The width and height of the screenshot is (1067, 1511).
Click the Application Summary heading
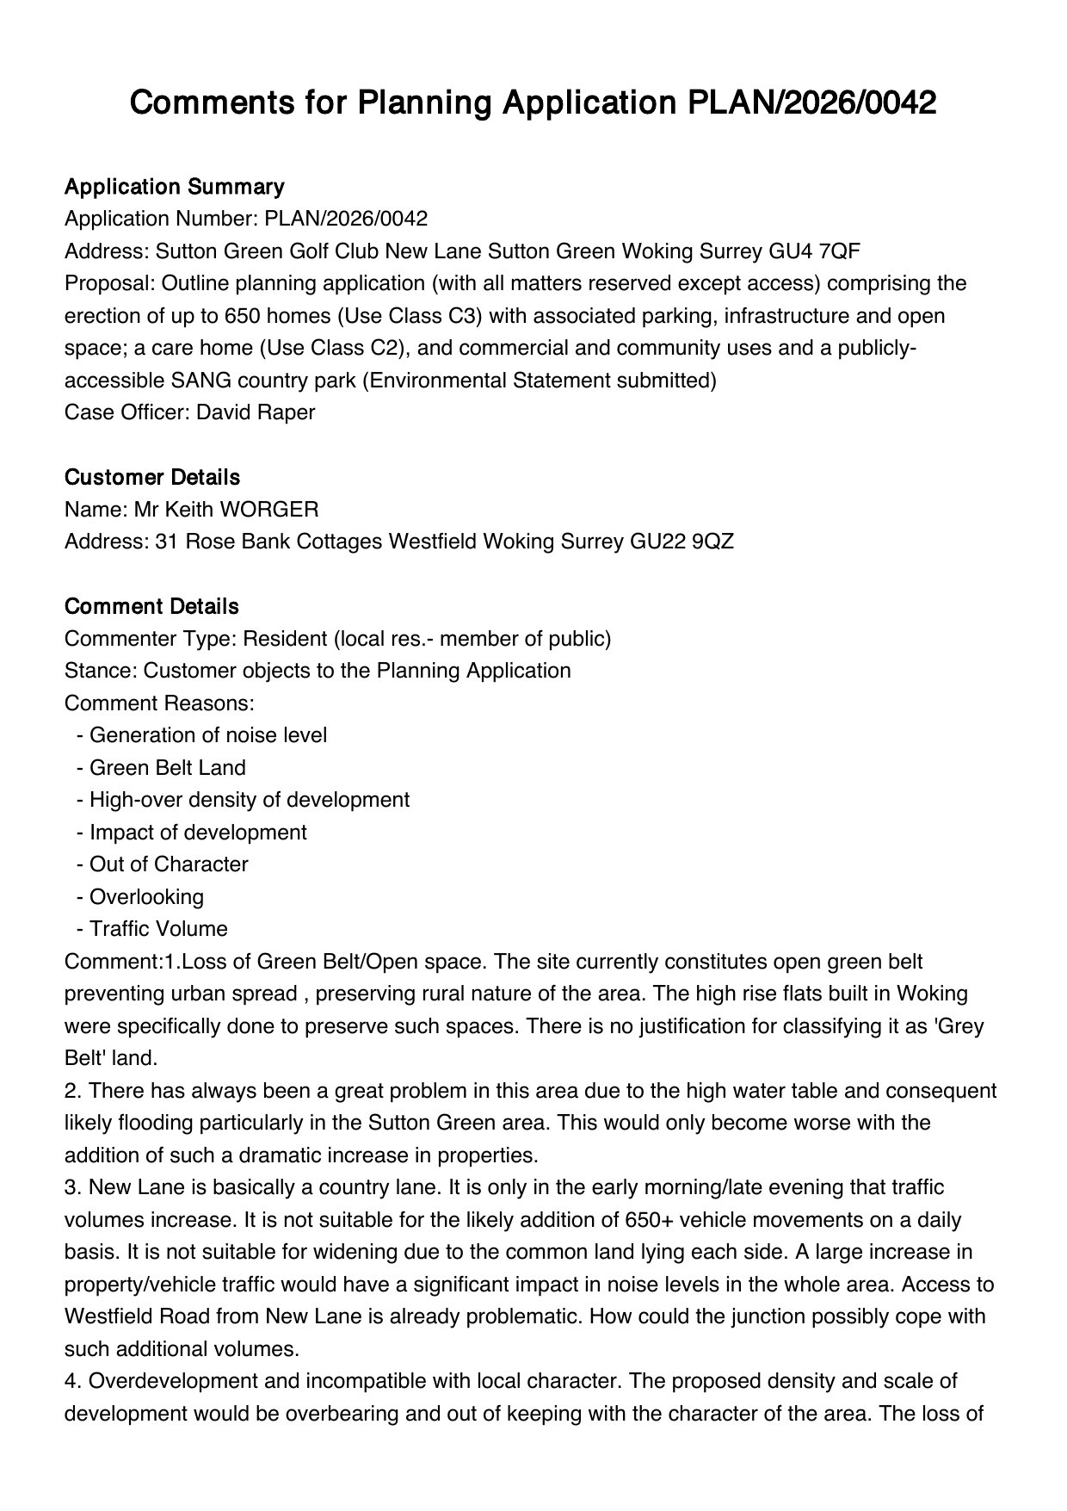[174, 187]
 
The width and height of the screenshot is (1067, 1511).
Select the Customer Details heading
[152, 477]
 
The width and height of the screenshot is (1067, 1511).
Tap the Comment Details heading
[151, 606]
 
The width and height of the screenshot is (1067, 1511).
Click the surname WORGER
[269, 510]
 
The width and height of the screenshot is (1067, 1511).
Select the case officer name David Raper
[256, 412]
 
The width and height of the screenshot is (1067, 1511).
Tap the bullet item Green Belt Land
[167, 768]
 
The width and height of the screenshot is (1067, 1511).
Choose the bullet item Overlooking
[146, 897]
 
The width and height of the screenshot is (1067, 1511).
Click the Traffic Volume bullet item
[158, 929]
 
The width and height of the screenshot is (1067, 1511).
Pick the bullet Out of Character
[169, 864]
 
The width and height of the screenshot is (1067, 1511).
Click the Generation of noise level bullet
[207, 735]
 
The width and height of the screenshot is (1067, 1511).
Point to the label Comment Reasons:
[159, 703]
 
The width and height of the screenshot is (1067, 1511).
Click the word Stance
[98, 671]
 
